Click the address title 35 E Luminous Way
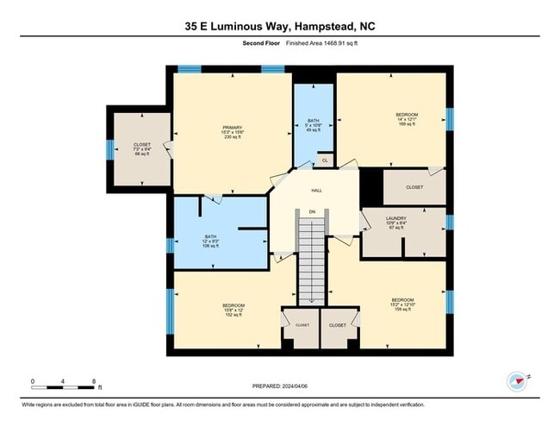click(x=279, y=26)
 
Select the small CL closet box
click(x=324, y=160)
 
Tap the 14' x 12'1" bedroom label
click(x=407, y=119)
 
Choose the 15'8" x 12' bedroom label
click(x=233, y=310)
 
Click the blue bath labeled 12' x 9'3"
click(x=211, y=241)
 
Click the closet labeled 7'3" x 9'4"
click(x=142, y=149)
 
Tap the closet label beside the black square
click(x=414, y=186)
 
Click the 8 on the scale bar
click(x=93, y=380)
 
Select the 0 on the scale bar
click(x=33, y=380)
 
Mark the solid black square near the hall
click(x=370, y=185)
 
